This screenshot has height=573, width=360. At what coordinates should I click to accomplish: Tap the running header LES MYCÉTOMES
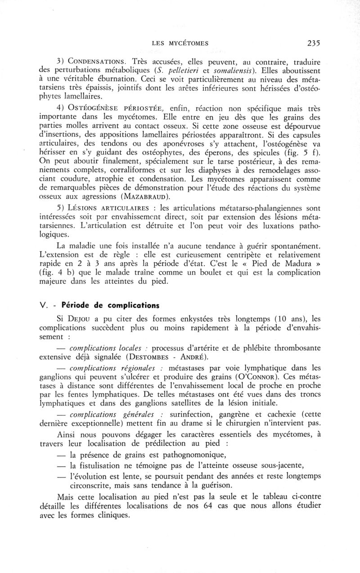click(180, 44)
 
